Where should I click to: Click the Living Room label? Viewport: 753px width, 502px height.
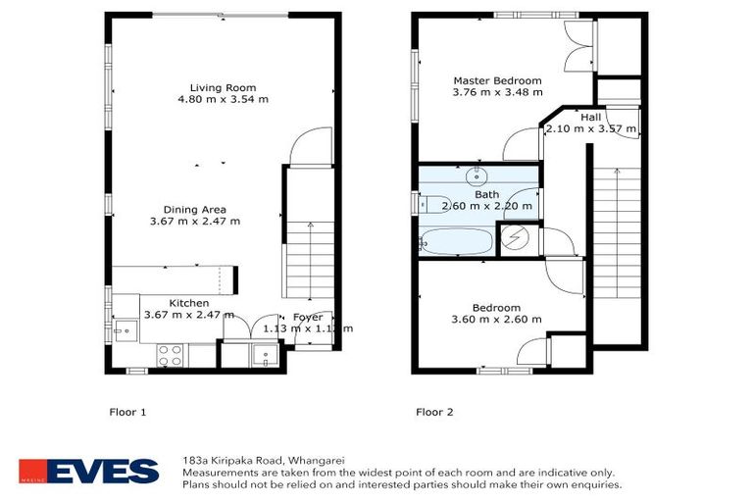223,88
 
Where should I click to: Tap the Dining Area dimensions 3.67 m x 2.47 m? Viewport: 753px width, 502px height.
195,222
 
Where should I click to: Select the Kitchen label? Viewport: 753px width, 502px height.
188,303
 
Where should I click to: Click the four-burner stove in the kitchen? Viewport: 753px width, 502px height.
170,356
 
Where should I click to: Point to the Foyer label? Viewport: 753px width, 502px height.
308,317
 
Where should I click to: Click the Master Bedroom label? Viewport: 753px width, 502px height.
497,80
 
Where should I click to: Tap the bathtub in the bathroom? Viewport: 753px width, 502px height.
456,241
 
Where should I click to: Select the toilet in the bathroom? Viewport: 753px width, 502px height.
434,204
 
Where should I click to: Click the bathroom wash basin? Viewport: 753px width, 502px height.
477,176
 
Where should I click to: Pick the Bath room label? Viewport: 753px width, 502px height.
487,194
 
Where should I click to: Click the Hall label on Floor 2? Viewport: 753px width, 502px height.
590,118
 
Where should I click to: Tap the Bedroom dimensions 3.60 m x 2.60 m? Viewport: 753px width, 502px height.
496,320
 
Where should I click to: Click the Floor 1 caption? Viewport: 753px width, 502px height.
127,412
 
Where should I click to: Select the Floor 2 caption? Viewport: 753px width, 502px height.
434,412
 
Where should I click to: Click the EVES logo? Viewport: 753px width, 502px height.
89,471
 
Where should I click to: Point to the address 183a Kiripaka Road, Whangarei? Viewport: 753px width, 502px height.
264,460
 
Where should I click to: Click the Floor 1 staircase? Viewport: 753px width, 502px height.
310,260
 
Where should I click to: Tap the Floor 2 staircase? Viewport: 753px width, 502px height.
617,232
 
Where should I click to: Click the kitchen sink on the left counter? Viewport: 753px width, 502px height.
125,331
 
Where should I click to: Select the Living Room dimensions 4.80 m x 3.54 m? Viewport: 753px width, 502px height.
224,99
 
